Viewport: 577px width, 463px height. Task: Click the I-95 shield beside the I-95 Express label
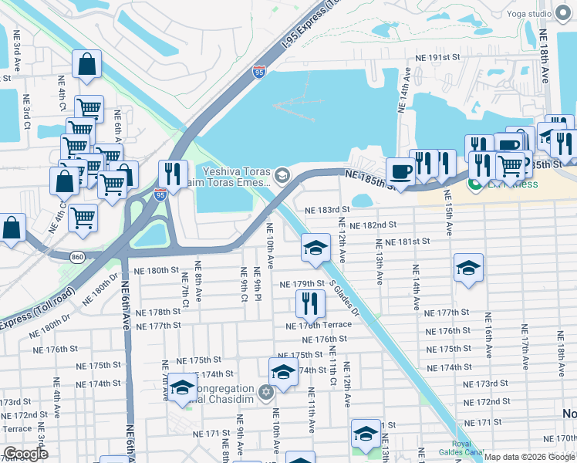point(259,73)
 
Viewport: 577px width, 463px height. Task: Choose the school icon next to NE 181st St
point(315,247)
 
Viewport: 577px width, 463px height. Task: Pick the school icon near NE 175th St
point(283,371)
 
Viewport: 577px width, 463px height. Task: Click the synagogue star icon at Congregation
point(266,393)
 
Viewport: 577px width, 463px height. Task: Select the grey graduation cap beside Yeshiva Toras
point(282,175)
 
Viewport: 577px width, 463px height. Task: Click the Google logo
point(25,454)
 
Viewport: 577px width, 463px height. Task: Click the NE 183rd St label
point(327,209)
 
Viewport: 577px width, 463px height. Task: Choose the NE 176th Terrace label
point(321,325)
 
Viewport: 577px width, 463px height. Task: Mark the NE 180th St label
point(157,271)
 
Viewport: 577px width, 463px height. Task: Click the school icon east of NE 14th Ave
point(468,268)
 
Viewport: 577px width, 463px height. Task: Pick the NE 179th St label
point(301,285)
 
